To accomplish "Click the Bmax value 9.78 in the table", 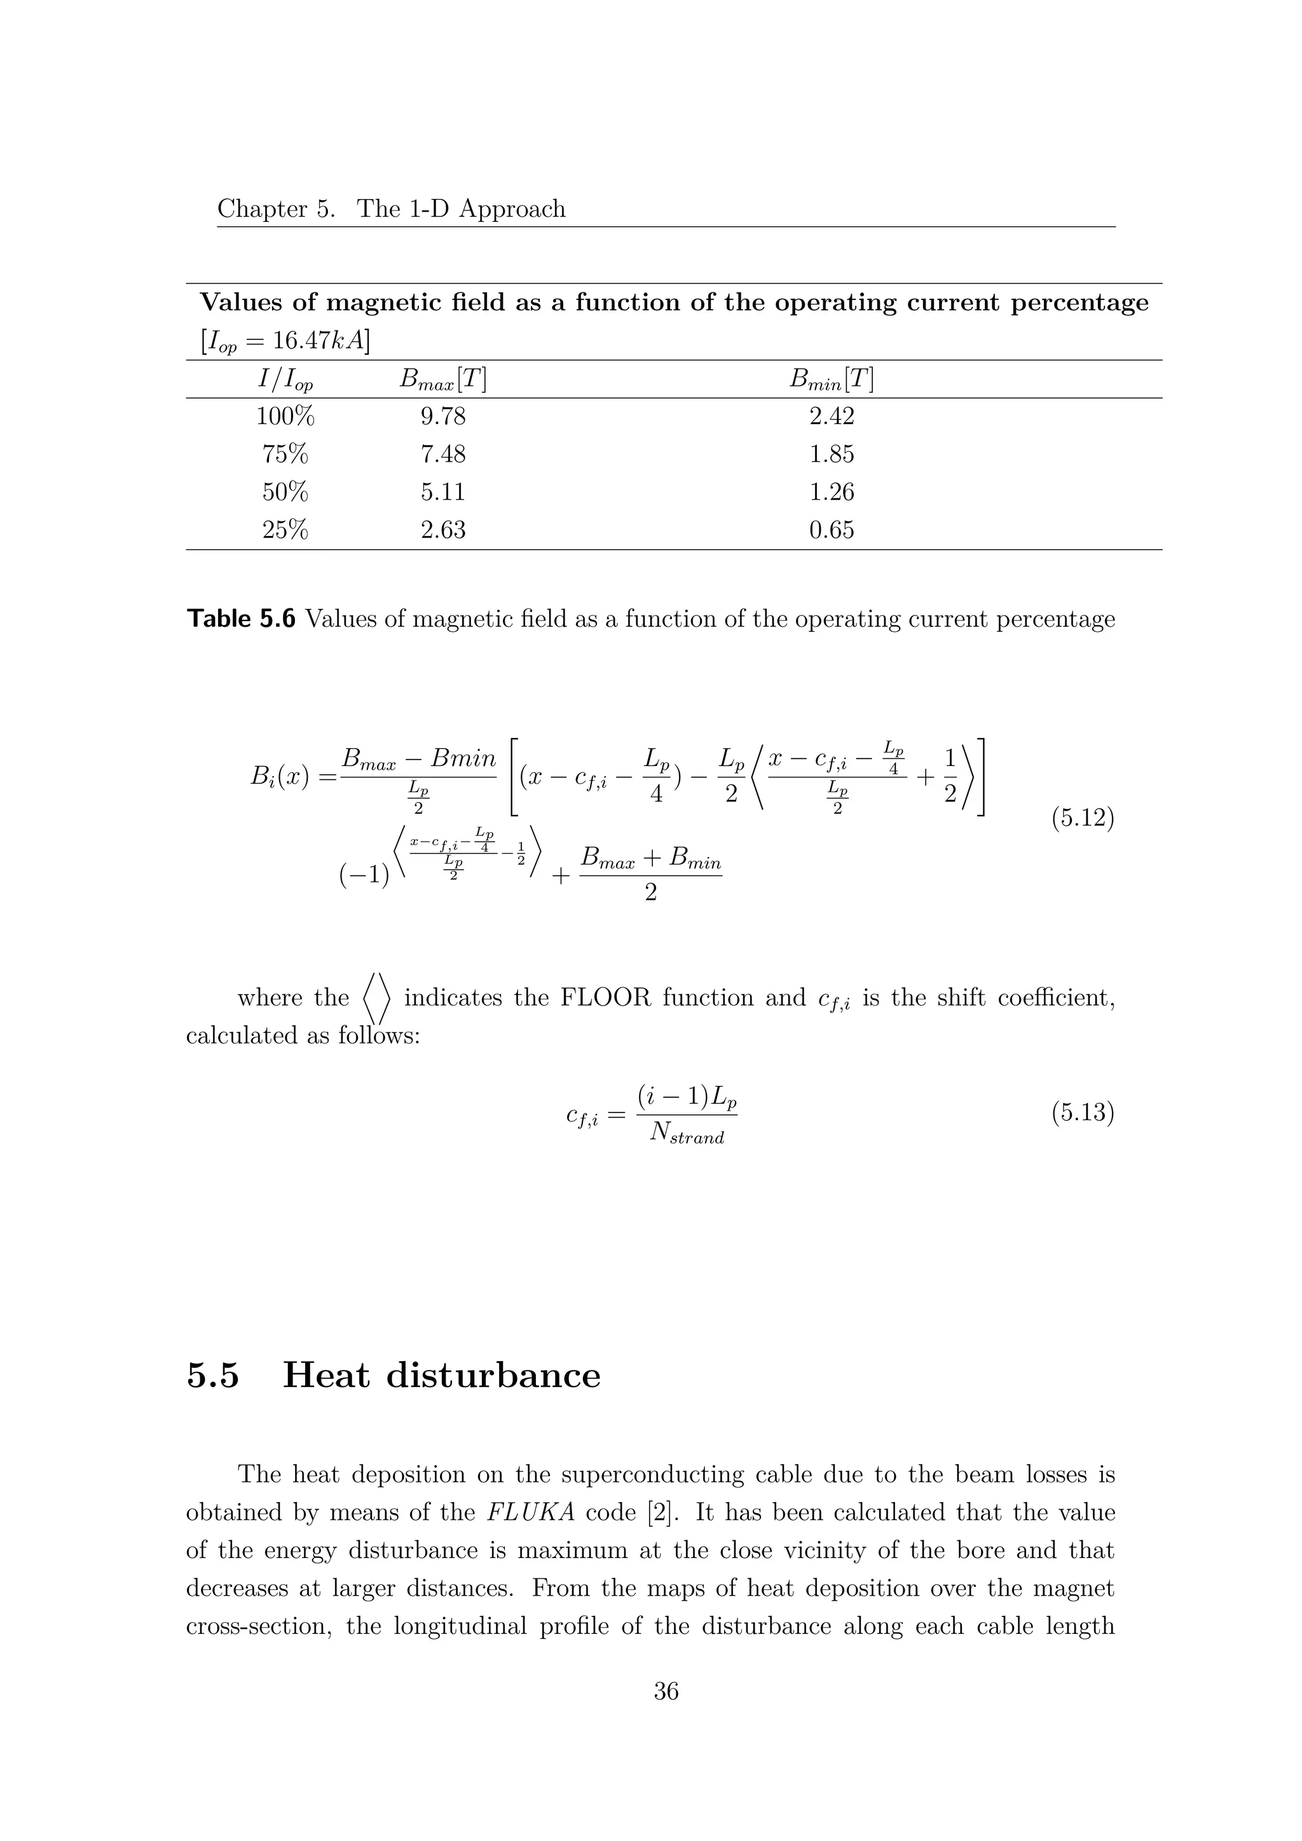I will (442, 417).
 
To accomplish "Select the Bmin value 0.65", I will (832, 530).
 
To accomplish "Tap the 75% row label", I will (285, 455).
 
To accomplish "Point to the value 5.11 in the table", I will (442, 492).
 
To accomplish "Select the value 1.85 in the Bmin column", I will (832, 455).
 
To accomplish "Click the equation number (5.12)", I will (1082, 819).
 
